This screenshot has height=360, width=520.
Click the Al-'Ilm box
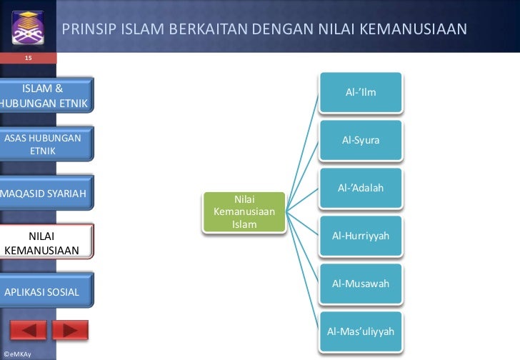pos(361,93)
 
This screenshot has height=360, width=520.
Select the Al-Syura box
pos(361,141)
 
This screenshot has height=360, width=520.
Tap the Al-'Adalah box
pos(361,189)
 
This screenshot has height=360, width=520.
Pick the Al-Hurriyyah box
pos(361,236)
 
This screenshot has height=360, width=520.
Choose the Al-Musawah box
pos(361,284)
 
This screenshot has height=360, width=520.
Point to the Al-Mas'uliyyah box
pos(361,331)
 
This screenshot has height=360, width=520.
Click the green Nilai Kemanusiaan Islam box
pos(244,212)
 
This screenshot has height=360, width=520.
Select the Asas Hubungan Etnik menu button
pos(44,144)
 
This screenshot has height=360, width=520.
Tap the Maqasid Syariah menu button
pos(44,194)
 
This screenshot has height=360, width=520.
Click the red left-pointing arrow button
pos(28,330)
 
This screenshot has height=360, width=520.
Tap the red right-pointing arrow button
pos(70,330)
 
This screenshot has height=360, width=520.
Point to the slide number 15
pos(29,57)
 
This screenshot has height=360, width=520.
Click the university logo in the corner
pos(27,26)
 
